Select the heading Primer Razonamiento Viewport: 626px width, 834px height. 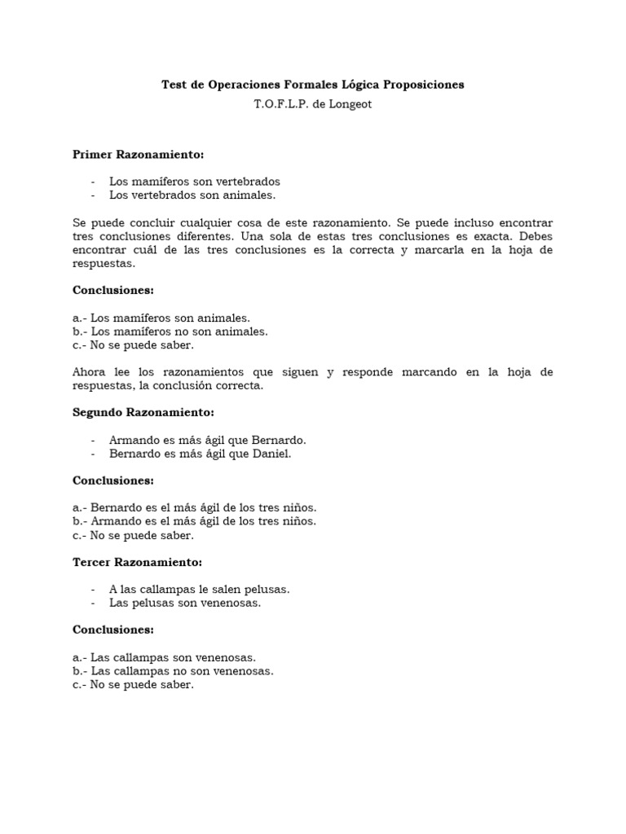coord(138,154)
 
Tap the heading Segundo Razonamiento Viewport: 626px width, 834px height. coord(143,413)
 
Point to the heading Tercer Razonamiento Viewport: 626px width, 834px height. coord(137,562)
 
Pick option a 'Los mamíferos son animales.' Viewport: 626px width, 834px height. coord(161,318)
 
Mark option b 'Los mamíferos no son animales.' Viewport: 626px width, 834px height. coord(170,331)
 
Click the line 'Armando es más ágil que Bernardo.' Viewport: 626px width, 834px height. coord(208,440)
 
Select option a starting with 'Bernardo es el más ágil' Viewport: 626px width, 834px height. coord(194,507)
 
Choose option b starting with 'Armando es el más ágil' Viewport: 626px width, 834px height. coord(194,521)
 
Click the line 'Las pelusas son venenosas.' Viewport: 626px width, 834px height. coord(185,603)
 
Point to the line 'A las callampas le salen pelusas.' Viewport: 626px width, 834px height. coord(200,589)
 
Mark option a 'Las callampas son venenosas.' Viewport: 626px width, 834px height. coord(164,656)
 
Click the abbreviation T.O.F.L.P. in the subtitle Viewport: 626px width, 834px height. coord(283,104)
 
